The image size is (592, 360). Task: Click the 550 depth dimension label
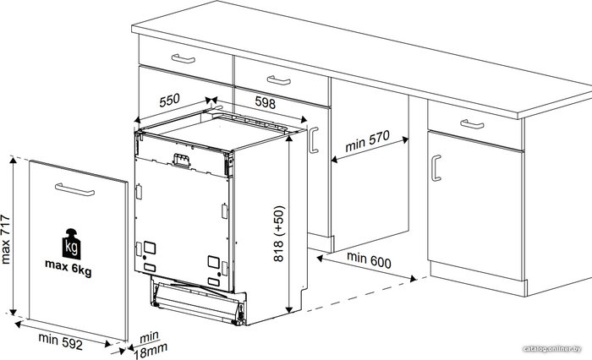pos(169,101)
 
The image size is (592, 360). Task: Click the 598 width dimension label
pos(266,102)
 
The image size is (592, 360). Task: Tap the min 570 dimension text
pos(367,141)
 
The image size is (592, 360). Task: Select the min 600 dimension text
pos(369,259)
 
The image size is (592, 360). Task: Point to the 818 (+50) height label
pos(278,233)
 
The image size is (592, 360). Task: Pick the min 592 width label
pos(60,341)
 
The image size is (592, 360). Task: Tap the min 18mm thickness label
pos(150,346)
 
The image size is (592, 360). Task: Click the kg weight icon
pos(71,243)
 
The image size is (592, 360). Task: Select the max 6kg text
pos(69,268)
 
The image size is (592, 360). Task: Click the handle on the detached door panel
pos(74,189)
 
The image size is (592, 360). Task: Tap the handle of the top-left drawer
pos(184,59)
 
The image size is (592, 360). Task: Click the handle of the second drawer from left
pos(278,80)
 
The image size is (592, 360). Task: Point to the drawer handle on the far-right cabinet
pos(472,123)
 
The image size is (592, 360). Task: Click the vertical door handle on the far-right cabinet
pos(436,168)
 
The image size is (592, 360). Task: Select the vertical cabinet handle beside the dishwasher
pos(314,140)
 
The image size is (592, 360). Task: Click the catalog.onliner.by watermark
pos(552,349)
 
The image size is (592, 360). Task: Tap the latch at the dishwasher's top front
pos(181,160)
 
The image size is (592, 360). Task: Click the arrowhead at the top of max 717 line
pos(14,161)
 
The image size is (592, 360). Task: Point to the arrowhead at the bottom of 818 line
pos(289,309)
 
